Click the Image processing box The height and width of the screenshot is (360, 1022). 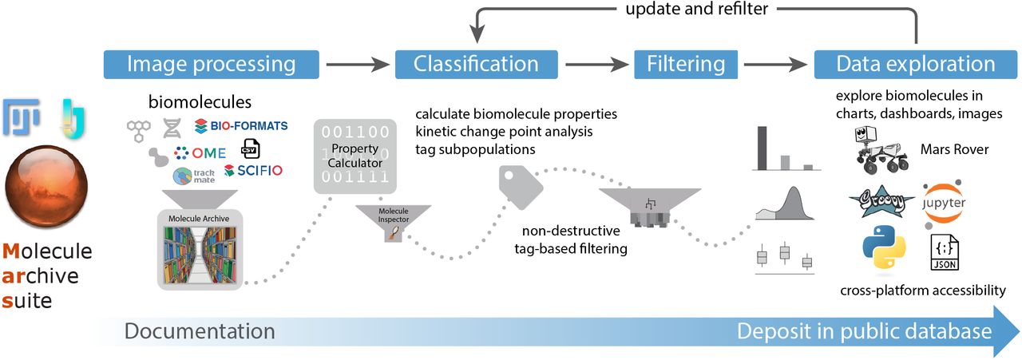click(x=212, y=64)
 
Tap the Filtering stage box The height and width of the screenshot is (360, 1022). click(x=686, y=64)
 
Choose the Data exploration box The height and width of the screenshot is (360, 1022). click(x=915, y=64)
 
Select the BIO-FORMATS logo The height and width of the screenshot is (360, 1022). click(x=240, y=126)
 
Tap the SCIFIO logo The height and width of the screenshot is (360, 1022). click(x=253, y=170)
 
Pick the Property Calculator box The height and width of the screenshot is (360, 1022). click(x=354, y=156)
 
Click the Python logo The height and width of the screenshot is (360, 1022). click(x=883, y=249)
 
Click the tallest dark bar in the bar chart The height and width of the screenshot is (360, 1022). click(x=763, y=148)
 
